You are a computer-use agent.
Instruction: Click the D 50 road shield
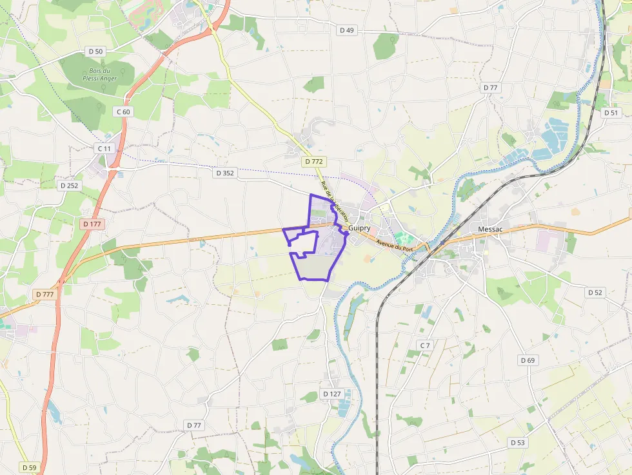[95, 51]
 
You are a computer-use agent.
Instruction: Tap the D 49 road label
[347, 30]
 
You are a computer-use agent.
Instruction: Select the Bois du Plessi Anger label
[100, 74]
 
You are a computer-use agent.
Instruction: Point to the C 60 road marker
[123, 111]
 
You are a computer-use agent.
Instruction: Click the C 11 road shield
[104, 148]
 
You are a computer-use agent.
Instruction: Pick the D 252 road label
[69, 186]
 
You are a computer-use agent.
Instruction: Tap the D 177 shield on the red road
[93, 224]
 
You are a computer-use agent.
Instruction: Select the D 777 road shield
[45, 294]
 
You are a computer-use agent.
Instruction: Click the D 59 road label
[29, 467]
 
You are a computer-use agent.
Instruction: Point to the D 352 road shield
[224, 173]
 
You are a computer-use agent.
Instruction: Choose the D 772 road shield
[313, 161]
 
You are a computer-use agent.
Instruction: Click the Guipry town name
[359, 228]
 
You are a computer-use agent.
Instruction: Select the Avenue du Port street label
[393, 245]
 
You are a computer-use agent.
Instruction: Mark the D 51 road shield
[611, 112]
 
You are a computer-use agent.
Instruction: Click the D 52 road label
[595, 292]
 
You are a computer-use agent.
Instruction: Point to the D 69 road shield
[528, 360]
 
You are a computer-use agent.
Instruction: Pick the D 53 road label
[518, 442]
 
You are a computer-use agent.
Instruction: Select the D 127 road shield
[331, 393]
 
